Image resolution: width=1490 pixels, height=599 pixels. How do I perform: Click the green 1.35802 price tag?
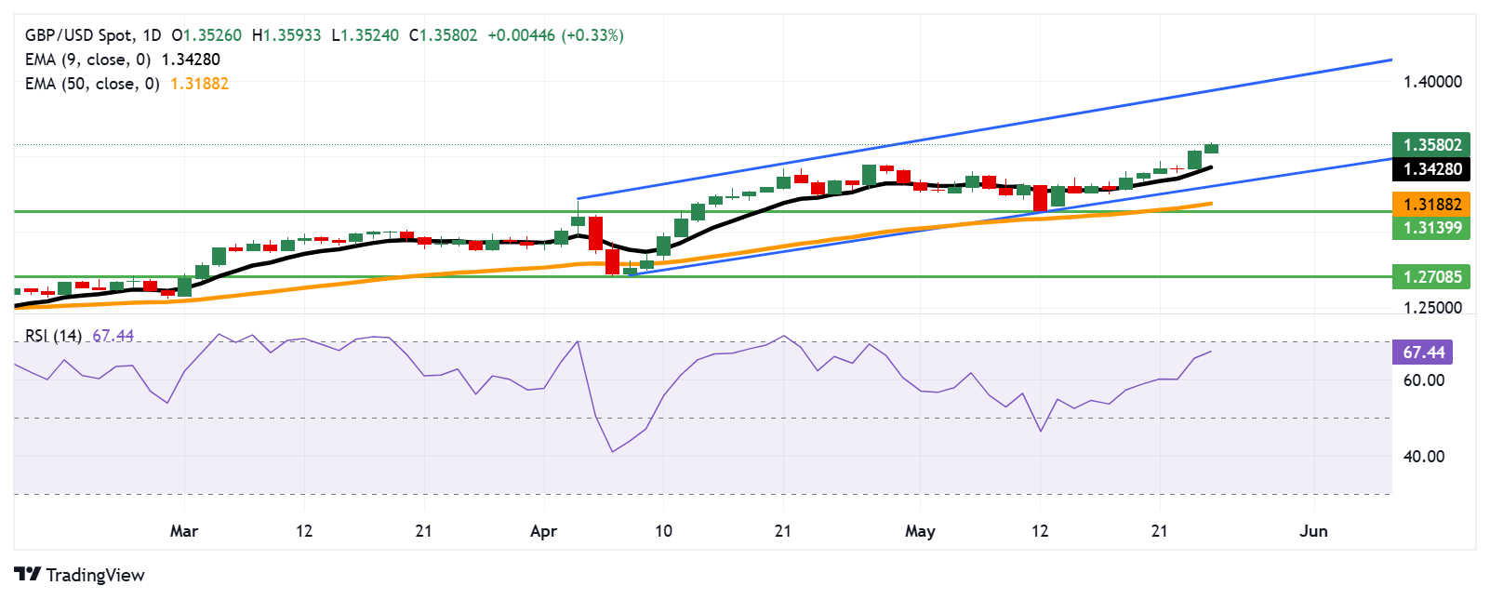pos(1431,144)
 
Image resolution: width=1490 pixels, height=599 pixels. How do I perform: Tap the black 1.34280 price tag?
pos(1431,168)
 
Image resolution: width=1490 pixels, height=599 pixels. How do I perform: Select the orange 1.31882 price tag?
pos(1431,204)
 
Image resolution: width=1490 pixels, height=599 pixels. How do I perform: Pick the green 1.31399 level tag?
pos(1431,228)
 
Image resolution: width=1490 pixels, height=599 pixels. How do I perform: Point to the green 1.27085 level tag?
pos(1431,276)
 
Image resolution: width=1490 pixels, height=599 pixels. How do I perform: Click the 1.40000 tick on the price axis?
pos(1431,82)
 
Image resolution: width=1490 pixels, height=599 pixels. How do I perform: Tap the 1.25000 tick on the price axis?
pos(1431,308)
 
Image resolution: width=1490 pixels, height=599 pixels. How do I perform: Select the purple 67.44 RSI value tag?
pos(1423,352)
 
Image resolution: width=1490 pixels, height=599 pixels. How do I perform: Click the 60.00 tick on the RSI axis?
pos(1423,380)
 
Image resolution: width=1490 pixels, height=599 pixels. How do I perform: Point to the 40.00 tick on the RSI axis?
pos(1423,457)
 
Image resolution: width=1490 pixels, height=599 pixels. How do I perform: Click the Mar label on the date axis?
pos(184,531)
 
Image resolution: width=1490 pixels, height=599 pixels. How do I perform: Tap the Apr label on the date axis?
pos(543,531)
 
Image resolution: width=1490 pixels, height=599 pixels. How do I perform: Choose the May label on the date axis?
pos(920,531)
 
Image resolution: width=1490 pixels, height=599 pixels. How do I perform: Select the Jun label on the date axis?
pos(1313,531)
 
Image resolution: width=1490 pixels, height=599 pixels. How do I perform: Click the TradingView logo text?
pos(95,575)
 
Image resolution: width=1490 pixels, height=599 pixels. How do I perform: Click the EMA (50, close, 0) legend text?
pos(92,84)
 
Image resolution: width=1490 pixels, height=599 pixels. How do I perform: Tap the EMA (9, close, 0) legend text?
pos(87,60)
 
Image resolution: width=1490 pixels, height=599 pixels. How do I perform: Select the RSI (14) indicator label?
pos(53,336)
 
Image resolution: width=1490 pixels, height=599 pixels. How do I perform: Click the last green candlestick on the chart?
pos(1211,148)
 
